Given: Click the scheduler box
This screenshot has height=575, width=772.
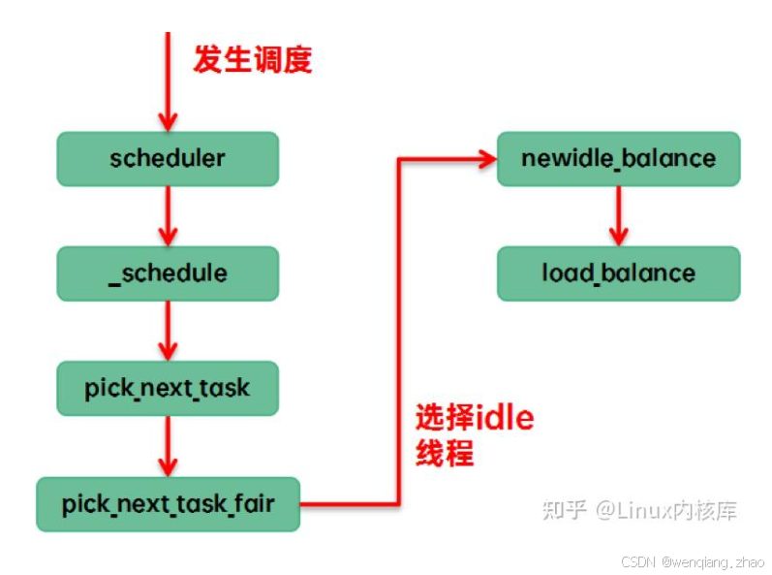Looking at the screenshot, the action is tap(168, 159).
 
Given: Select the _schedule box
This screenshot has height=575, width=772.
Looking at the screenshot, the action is tap(168, 273).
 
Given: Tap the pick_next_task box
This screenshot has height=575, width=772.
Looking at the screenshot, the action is tap(168, 388).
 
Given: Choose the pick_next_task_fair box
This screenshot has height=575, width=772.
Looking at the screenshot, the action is tap(168, 504).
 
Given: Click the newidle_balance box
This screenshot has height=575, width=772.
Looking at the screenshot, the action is tap(618, 159).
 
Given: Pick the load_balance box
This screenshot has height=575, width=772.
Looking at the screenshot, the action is tap(618, 273).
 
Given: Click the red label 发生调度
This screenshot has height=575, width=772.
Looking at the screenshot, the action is tap(253, 59).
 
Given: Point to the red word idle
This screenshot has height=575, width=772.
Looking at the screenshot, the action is tap(504, 417).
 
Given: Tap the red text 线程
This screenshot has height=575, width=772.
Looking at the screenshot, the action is tap(445, 452).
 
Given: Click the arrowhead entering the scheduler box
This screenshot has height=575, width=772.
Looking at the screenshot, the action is tap(168, 122).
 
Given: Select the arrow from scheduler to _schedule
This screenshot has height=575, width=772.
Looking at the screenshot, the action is tap(168, 216).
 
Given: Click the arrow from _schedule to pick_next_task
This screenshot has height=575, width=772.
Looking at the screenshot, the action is tap(168, 331).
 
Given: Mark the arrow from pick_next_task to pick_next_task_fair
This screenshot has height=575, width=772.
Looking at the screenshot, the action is tap(168, 446).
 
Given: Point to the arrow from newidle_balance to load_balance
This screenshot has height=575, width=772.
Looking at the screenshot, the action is tap(618, 216).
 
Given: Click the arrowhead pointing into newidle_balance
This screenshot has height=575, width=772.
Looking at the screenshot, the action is tap(487, 159).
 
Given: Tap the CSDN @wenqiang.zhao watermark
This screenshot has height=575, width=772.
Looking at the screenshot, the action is tap(693, 561).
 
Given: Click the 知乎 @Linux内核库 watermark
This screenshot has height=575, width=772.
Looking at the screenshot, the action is tap(639, 509).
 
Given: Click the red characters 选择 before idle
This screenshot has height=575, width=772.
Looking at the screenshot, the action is tap(445, 417).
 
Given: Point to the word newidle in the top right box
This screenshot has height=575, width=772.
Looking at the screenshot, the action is tap(567, 158).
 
